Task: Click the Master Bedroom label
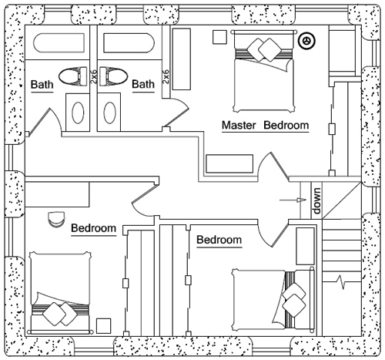click(265, 126)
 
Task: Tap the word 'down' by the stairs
click(316, 200)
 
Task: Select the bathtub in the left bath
click(59, 42)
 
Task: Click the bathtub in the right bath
click(129, 42)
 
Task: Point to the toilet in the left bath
click(73, 76)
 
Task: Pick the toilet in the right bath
click(114, 76)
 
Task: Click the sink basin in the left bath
click(78, 113)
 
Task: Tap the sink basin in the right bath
click(109, 113)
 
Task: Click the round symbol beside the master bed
click(306, 41)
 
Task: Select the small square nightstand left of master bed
click(219, 37)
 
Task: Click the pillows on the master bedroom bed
click(264, 50)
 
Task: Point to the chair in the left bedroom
click(56, 219)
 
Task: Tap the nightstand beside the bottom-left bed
click(103, 326)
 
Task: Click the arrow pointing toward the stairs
click(293, 200)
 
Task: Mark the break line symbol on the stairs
click(340, 281)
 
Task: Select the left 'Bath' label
click(42, 84)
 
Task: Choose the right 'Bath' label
click(143, 84)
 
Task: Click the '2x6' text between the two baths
click(93, 76)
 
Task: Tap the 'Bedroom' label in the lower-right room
click(219, 240)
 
